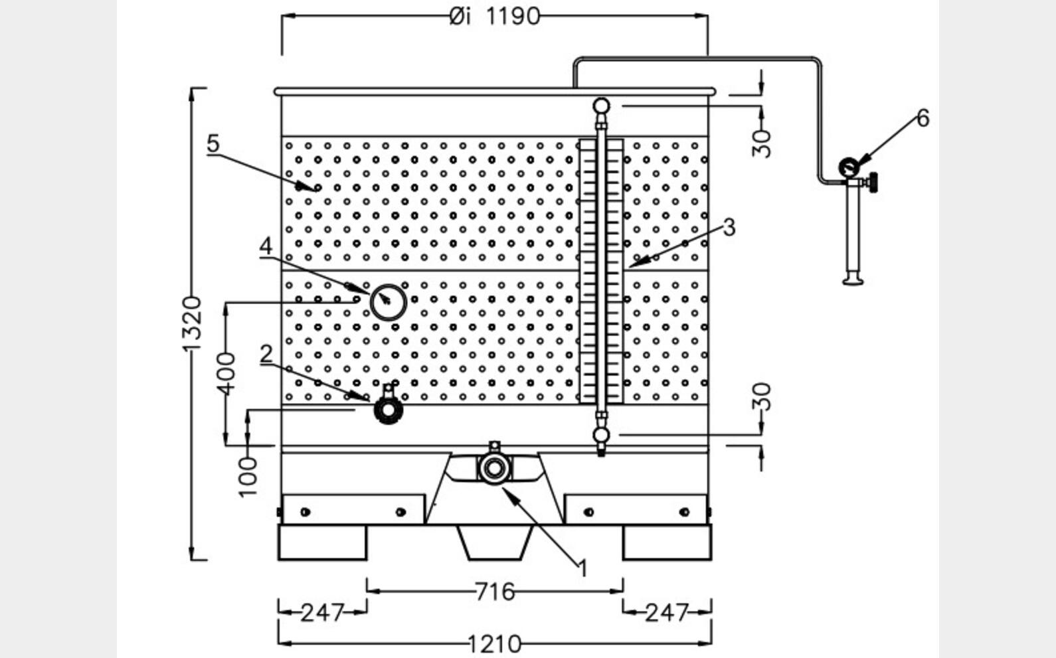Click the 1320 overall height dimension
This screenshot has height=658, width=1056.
(192, 324)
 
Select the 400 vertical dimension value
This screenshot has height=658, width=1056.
(226, 373)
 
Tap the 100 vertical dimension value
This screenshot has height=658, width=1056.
(247, 475)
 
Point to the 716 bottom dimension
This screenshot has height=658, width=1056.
(495, 590)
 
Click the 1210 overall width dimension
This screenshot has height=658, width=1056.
(495, 643)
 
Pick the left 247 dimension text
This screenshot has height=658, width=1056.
(322, 612)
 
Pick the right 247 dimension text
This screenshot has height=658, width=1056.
(666, 612)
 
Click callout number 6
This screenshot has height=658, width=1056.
(923, 119)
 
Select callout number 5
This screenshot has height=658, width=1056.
(213, 143)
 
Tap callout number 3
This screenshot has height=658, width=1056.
(729, 227)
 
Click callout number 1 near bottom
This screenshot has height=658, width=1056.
(583, 568)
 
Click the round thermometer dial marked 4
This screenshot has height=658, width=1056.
(388, 302)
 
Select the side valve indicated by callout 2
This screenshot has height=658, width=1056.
(388, 409)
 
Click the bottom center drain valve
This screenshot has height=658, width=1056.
(493, 468)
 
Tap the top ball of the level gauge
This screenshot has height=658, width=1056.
(601, 105)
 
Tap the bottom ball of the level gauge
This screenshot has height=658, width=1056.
(601, 436)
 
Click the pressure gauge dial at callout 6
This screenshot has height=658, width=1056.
(848, 167)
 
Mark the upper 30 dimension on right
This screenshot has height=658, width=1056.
(763, 143)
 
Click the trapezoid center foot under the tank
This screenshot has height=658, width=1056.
(495, 541)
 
